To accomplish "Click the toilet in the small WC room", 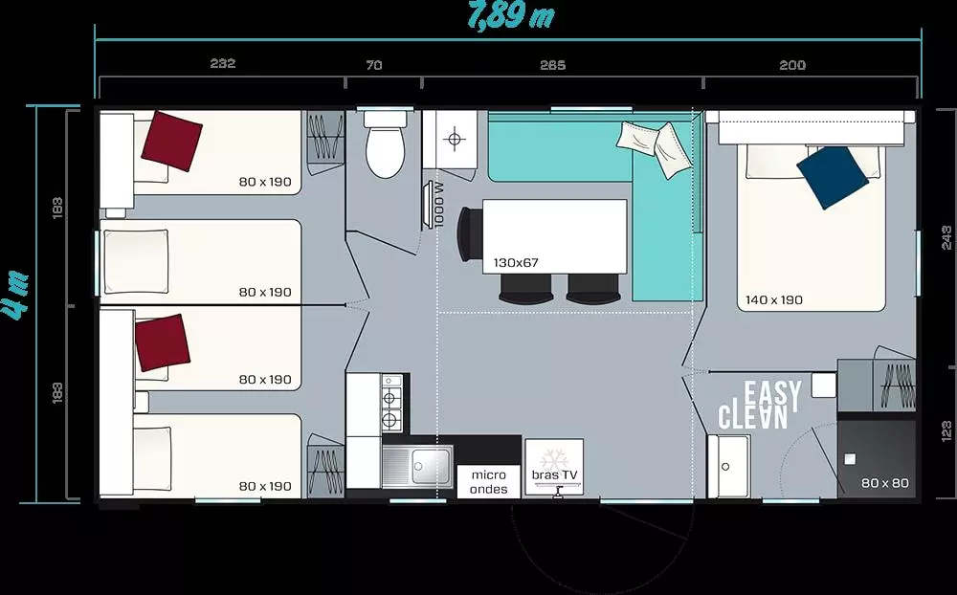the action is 385,144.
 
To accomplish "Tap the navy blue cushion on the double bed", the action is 833,178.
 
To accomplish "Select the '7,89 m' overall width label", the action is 511,15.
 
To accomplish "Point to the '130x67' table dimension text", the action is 516,263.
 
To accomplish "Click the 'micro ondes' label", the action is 489,482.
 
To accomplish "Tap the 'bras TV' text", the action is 554,474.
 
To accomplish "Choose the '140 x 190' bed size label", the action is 774,299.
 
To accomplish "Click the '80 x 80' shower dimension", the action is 885,483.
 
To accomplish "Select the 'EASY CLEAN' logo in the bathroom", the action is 760,405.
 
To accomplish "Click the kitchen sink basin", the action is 431,467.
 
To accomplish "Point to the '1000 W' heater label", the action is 439,205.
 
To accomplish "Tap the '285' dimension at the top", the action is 553,65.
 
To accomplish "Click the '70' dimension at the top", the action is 374,65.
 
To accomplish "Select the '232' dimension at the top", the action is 223,63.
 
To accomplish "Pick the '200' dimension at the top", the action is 792,65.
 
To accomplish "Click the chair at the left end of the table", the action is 469,234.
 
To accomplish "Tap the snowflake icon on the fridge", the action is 554,459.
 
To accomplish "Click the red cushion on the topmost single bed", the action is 172,141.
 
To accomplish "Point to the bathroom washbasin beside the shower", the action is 729,466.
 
